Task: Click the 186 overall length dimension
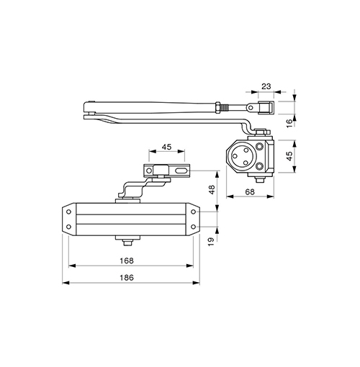(127, 278)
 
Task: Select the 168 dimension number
(127, 260)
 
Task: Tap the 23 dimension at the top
(266, 86)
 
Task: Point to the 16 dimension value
(290, 123)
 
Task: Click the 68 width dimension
(250, 192)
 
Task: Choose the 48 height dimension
(212, 189)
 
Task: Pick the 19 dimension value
(211, 242)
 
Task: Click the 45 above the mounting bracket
(166, 147)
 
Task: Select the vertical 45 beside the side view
(290, 156)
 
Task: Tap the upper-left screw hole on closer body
(68, 212)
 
